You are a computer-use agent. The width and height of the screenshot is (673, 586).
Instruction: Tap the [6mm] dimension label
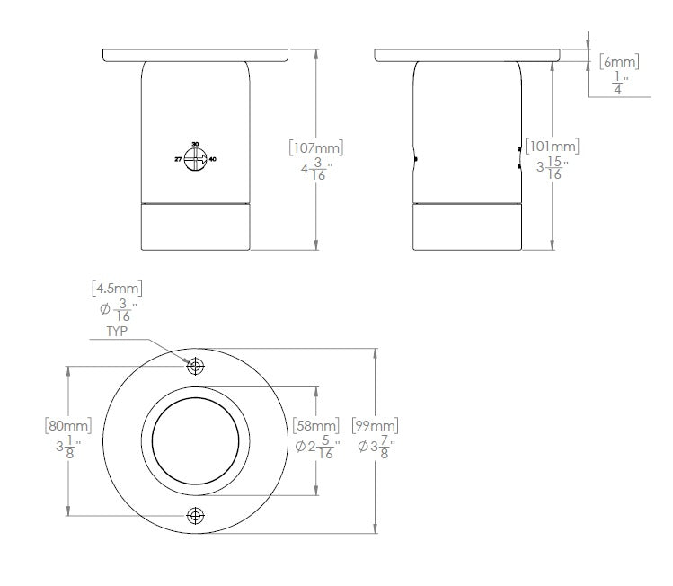619,61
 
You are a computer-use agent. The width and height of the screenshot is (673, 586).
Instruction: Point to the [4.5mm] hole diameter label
117,289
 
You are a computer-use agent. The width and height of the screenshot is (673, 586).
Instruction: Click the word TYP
118,330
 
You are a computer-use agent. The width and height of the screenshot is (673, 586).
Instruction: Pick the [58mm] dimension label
316,425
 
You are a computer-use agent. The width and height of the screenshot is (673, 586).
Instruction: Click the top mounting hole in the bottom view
195,366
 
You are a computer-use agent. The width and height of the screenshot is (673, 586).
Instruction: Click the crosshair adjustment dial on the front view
195,158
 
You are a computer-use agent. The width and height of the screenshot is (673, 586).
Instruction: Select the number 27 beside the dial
178,158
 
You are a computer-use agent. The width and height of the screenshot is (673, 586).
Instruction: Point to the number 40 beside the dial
213,159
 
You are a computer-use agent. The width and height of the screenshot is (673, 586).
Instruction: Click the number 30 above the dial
195,144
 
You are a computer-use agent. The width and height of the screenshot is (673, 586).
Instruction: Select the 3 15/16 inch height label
550,168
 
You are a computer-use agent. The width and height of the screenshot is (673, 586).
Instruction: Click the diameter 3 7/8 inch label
375,447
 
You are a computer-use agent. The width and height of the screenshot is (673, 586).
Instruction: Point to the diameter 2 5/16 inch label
316,447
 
